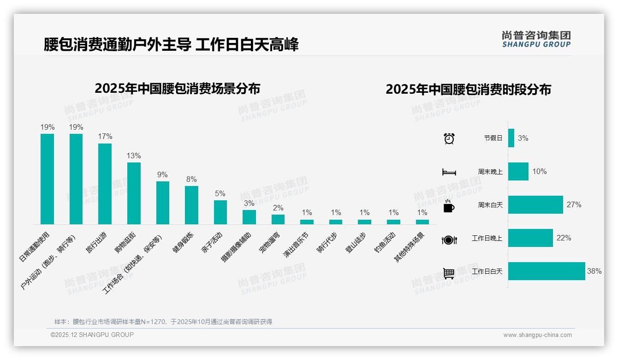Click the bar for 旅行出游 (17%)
[x=105, y=184]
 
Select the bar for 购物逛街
[x=134, y=193]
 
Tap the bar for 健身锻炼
[x=191, y=205]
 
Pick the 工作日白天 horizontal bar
[x=547, y=271]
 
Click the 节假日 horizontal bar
[x=511, y=138]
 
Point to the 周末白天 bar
[x=535, y=204]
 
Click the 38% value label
[x=594, y=271]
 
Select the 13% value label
[x=134, y=156]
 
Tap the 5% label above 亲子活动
[x=220, y=194]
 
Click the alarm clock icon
[x=449, y=138]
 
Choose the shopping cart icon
[x=449, y=273]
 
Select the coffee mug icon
[x=449, y=206]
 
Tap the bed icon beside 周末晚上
[x=449, y=172]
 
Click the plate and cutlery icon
[x=449, y=240]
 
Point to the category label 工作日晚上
[x=487, y=238]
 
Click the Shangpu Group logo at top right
[x=536, y=39]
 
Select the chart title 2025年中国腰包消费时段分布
[x=468, y=89]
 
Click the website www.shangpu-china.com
[x=537, y=335]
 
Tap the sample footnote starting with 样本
[x=163, y=322]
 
